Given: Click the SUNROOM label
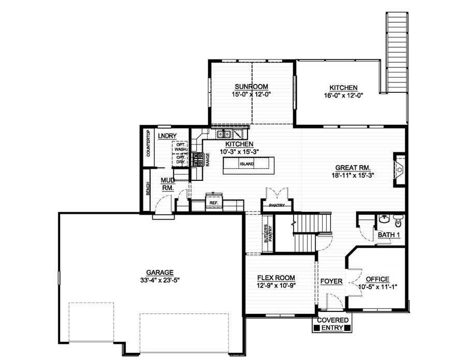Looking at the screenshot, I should coord(252,87).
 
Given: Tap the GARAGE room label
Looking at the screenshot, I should coord(159,272).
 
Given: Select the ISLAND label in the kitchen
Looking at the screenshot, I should coord(246,164).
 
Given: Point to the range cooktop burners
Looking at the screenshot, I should coord(198,159).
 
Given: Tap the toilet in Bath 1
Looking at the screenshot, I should coord(398,221).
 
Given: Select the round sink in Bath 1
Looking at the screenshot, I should coord(384,219).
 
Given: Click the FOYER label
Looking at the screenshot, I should coord(331,281).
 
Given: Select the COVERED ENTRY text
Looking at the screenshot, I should coord(332,324).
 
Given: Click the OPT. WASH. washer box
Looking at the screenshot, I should coord(180,146).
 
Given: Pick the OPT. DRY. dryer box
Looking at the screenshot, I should coord(180,160).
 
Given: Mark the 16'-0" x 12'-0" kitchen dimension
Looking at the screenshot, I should coord(343,95).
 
